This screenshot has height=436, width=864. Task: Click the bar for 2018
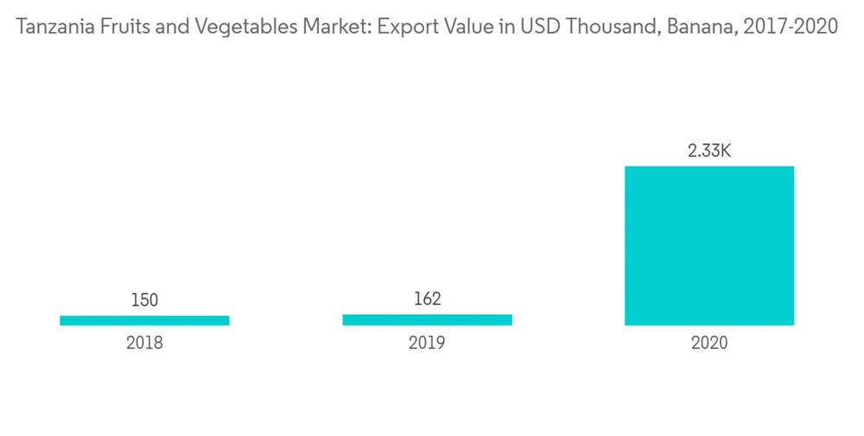[144, 320]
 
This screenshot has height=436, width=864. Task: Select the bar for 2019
[427, 319]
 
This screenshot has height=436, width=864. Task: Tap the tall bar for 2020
[709, 246]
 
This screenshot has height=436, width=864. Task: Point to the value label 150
[144, 300]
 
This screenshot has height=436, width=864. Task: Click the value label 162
[427, 299]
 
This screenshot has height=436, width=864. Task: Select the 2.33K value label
[709, 151]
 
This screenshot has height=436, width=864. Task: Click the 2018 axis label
[144, 343]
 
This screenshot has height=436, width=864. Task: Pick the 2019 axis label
[427, 343]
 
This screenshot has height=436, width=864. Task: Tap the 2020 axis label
[709, 343]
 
